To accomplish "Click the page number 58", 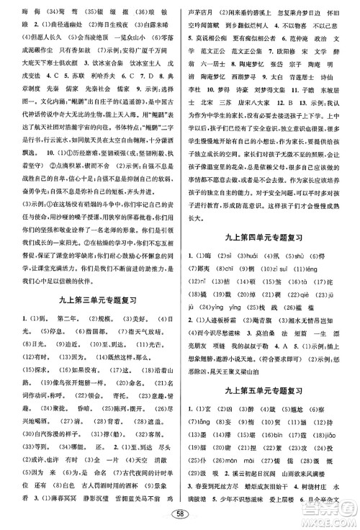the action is coord(179,513).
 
